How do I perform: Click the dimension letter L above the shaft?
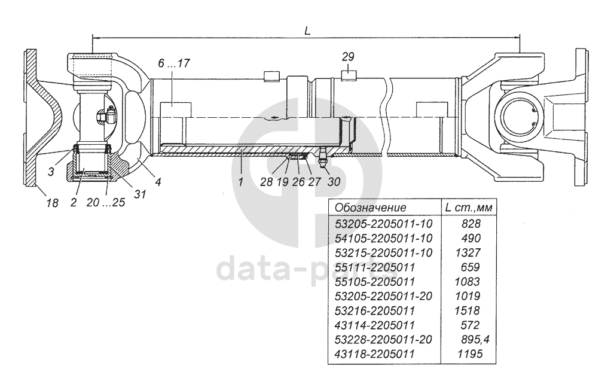tap(307, 31)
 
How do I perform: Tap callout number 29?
tap(349, 57)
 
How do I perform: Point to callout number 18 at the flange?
tap(52, 203)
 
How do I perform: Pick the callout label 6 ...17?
tap(175, 63)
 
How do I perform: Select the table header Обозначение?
tap(371, 208)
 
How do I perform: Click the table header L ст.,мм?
tap(471, 208)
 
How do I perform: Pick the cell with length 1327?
tap(471, 252)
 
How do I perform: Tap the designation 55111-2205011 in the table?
tap(374, 267)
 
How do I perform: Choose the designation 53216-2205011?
tap(374, 311)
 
